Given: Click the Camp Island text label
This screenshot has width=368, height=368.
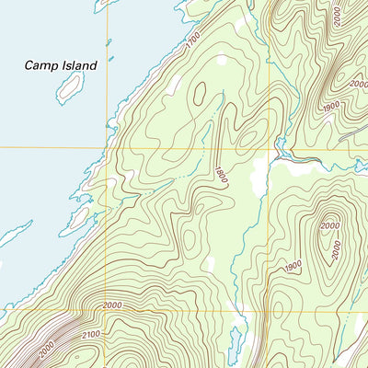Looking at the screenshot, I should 61,65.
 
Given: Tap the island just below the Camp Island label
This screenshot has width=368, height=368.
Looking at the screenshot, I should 70,87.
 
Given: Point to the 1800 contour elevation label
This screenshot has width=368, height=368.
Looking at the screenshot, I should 220,176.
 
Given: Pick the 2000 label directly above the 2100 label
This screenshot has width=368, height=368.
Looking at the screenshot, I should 112,305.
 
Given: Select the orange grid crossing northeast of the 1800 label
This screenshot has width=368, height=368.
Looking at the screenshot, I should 268,148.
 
